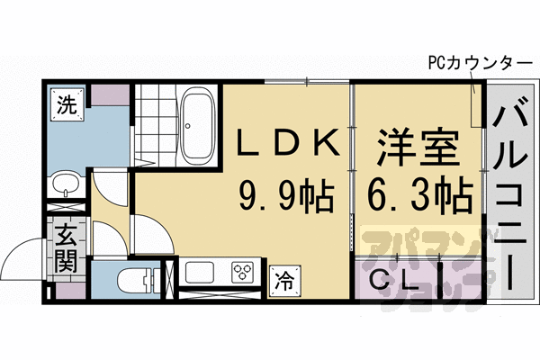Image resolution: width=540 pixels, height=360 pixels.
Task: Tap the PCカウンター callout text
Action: [482, 64]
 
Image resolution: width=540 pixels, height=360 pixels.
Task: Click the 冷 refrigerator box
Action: [283, 279]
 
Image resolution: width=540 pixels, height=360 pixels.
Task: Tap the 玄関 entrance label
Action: [66, 249]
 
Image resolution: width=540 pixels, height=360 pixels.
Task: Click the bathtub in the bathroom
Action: [194, 125]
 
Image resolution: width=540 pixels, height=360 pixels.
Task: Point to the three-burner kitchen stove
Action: [243, 272]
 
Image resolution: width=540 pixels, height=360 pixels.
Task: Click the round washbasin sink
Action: [65, 185]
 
